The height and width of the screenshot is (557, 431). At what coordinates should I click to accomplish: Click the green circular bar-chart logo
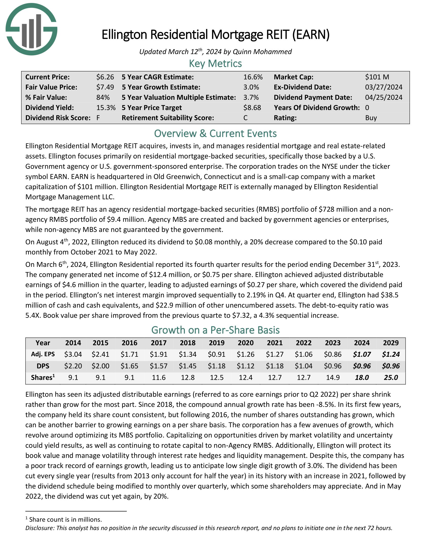point(31,30)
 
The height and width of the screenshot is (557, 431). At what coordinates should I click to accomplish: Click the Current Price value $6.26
point(105,77)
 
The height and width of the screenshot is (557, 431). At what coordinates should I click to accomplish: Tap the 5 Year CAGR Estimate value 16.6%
point(253,77)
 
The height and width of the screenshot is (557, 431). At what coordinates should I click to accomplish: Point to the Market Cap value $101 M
point(377,77)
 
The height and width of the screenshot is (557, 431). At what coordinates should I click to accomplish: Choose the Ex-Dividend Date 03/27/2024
point(384,87)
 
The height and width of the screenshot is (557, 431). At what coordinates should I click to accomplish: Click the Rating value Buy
point(371,118)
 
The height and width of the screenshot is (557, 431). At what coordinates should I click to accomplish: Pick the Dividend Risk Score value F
point(98,118)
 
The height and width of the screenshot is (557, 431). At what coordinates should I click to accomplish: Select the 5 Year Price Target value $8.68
point(252,108)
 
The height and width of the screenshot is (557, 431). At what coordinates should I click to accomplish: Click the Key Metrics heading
point(215,64)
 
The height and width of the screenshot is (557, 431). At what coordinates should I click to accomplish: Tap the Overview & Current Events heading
point(215,134)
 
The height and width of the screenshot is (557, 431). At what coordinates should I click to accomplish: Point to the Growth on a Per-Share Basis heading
point(215,330)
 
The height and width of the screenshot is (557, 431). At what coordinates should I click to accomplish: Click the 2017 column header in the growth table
point(158,343)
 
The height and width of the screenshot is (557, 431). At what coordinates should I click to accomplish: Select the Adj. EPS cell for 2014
point(73,354)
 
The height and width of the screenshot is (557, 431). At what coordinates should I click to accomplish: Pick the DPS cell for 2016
point(130,366)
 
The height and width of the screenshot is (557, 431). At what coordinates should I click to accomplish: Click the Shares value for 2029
point(391,377)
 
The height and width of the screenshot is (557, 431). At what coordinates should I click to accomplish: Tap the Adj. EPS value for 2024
point(362,354)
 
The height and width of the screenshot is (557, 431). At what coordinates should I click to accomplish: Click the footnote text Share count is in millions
point(65,520)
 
